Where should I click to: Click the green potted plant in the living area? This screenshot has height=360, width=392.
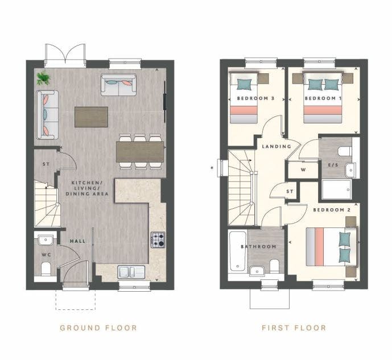click(x=44, y=78)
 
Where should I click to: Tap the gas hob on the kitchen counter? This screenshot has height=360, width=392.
click(x=158, y=240)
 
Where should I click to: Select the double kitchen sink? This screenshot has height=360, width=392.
click(x=131, y=272)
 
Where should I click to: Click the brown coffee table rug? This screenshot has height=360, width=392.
click(x=91, y=117)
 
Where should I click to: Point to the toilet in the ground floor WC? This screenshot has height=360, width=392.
click(x=46, y=269)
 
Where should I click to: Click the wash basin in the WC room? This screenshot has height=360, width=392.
click(x=46, y=241)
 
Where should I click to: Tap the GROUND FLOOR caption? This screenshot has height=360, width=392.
click(x=98, y=328)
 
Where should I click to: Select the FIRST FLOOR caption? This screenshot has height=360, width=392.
click(x=294, y=328)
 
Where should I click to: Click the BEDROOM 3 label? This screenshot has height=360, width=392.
click(x=256, y=98)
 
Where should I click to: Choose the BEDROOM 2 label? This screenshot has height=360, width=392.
click(x=332, y=210)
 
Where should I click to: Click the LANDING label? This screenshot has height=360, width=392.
click(x=277, y=146)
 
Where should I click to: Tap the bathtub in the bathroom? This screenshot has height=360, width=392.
click(x=237, y=251)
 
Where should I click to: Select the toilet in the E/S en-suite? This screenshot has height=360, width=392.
click(x=345, y=151)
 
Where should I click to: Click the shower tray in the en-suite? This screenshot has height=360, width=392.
click(x=337, y=189)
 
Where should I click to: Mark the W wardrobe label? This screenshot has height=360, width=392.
click(x=303, y=170)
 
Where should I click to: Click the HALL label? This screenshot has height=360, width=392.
click(x=77, y=241)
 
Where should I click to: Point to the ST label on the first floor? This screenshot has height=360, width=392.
click(x=290, y=192)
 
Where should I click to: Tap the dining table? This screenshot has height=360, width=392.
click(x=140, y=152)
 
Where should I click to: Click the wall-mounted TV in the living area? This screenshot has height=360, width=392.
click(x=165, y=102)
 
